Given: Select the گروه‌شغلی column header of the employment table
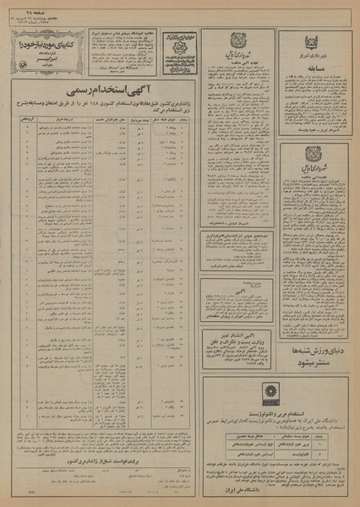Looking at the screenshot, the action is (x=14, y=120).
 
